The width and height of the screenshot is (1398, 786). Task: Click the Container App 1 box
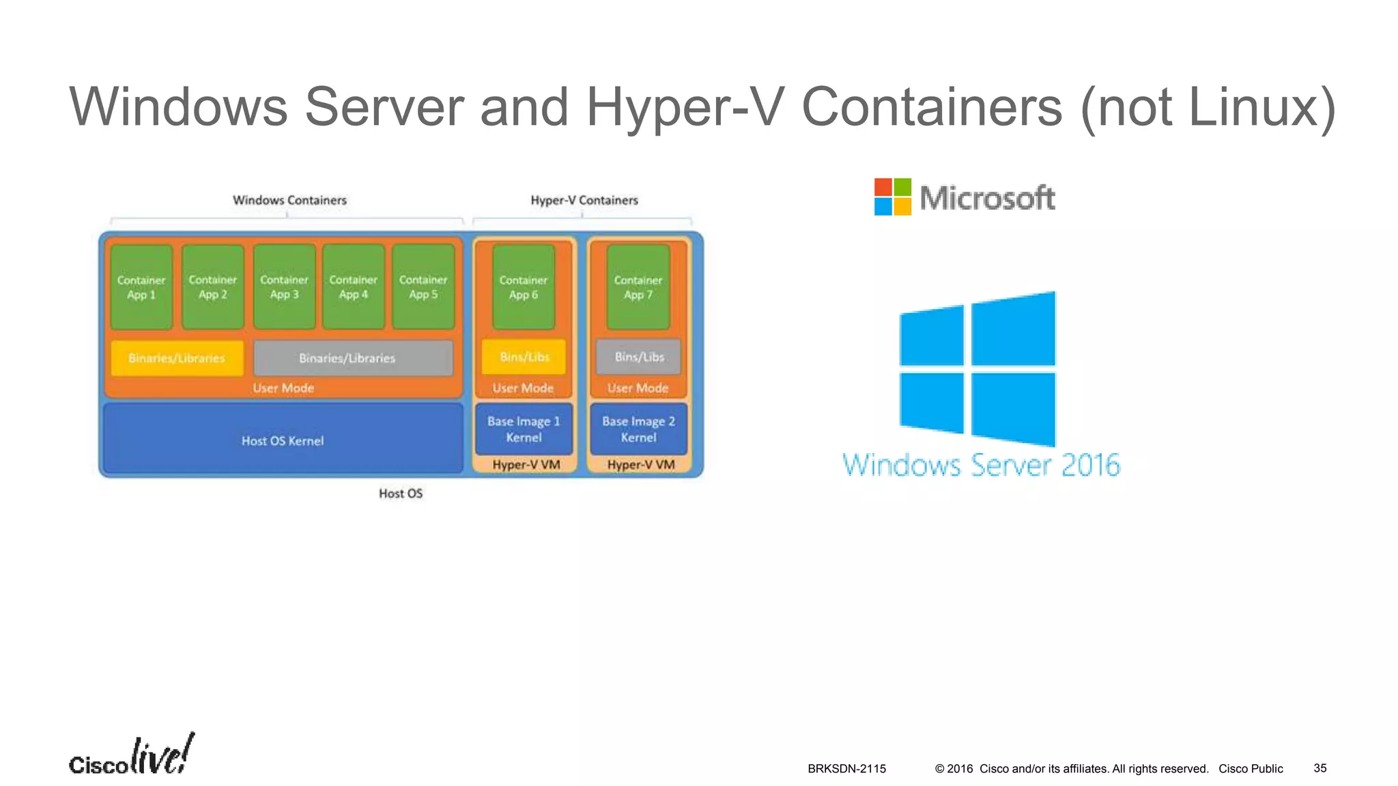141,287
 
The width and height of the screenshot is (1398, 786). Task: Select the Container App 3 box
284,287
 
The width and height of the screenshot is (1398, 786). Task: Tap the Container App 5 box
423,287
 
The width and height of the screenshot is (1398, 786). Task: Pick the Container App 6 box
524,287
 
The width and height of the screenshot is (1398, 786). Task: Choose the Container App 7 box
638,287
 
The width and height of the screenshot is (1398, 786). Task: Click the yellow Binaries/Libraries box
177,358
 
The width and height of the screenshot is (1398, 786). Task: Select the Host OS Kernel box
283,440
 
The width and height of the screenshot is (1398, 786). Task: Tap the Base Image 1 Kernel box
524,429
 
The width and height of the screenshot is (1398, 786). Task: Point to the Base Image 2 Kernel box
638,429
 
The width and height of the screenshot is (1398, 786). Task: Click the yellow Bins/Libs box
524,357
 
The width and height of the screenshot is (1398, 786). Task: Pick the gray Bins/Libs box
638,357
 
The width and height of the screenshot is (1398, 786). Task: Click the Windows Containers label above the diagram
289,200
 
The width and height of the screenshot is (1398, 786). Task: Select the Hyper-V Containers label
584,200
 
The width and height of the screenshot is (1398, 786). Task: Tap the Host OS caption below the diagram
401,493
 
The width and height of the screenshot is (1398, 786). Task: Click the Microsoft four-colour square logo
892,196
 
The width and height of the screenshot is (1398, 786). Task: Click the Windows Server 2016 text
981,465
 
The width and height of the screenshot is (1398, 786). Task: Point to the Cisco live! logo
131,756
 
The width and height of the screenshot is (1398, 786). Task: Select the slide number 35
1319,768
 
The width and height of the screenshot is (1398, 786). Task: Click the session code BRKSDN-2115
846,769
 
